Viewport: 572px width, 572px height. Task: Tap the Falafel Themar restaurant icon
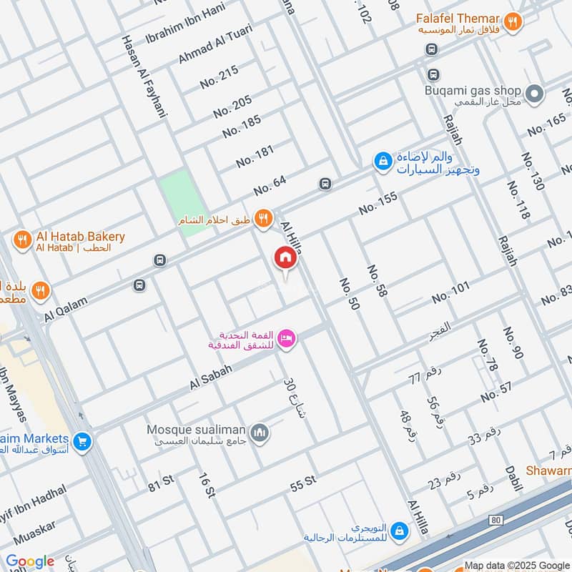tap(511, 23)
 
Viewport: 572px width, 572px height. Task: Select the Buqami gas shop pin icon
tap(533, 93)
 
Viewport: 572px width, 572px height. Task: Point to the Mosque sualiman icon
tap(260, 433)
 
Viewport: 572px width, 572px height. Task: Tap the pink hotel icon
tap(287, 339)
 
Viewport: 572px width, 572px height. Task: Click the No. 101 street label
tap(450, 292)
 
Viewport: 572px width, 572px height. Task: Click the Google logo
tap(29, 561)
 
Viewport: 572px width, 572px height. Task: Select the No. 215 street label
tap(220, 77)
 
